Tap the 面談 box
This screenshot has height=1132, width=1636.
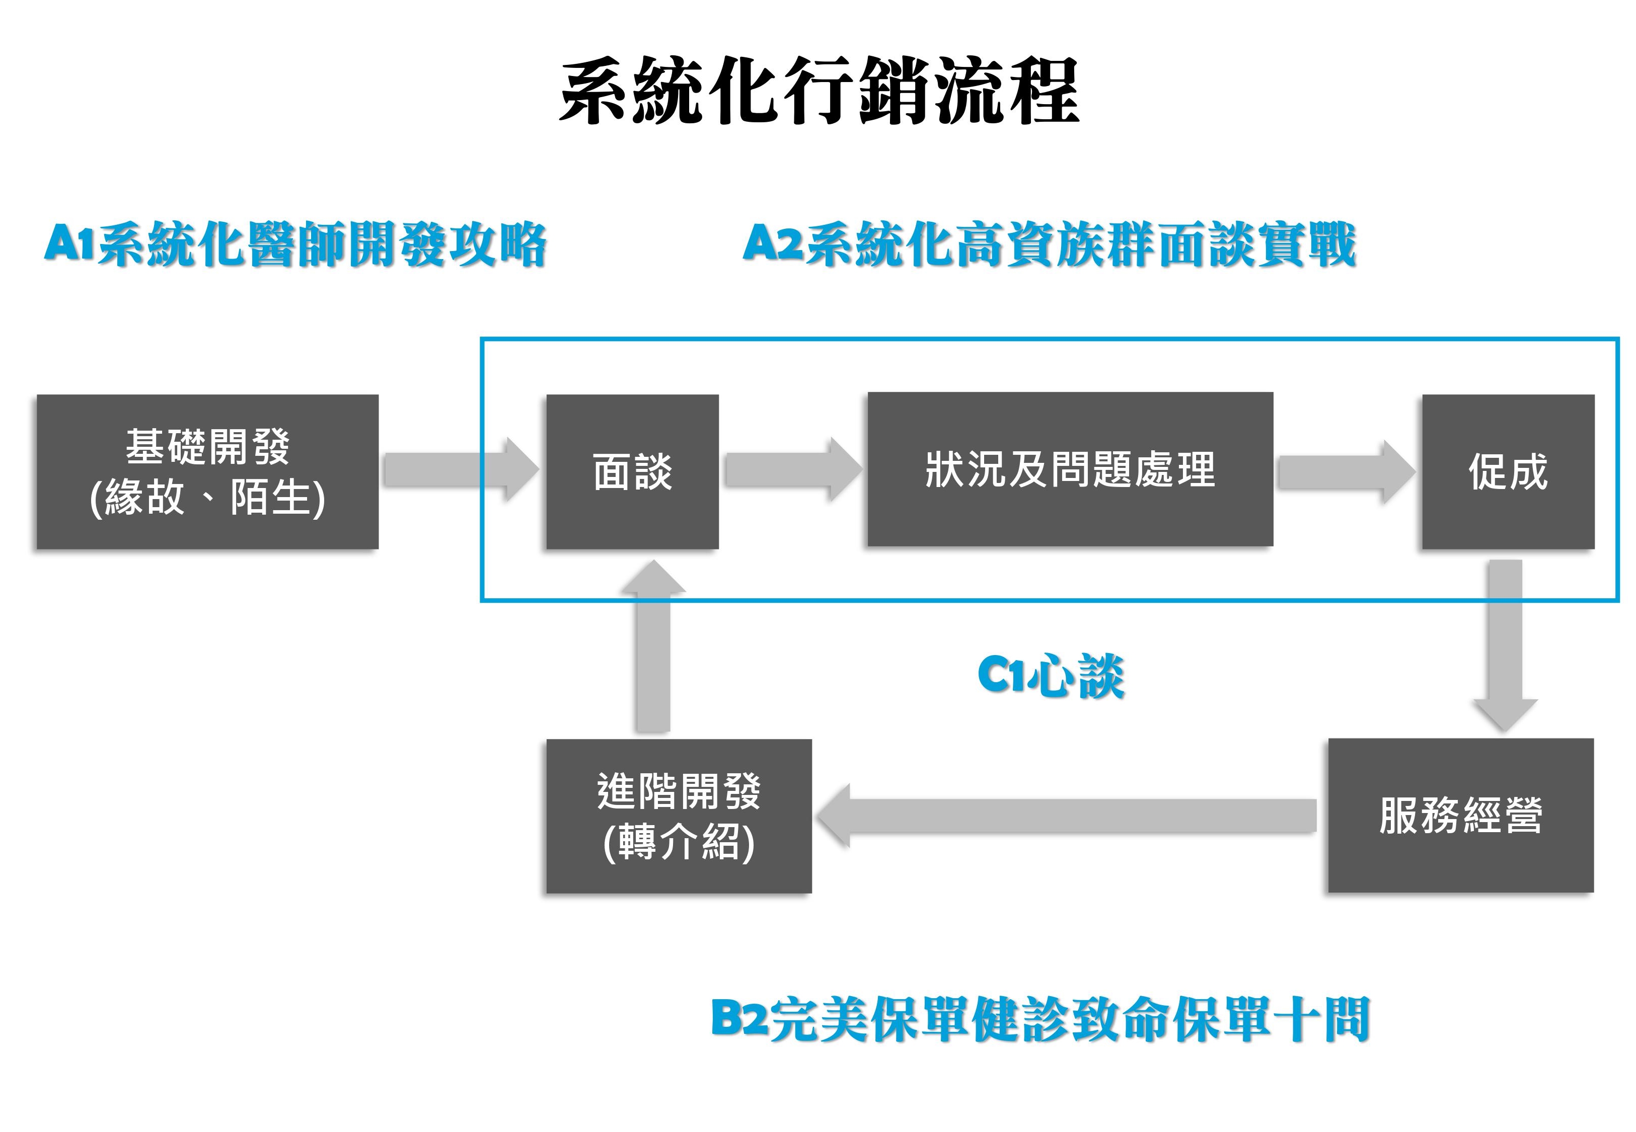pyautogui.click(x=632, y=472)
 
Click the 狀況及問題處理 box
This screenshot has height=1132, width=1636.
pyautogui.click(x=1069, y=469)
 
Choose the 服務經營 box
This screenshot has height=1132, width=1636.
pyautogui.click(x=1460, y=816)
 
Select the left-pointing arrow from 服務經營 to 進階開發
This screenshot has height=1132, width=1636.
pyautogui.click(x=1064, y=816)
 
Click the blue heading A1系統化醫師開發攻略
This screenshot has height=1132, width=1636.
pyautogui.click(x=294, y=245)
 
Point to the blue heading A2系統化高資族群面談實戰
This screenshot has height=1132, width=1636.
pyautogui.click(x=1049, y=245)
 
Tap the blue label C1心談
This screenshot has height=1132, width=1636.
pyautogui.click(x=1051, y=676)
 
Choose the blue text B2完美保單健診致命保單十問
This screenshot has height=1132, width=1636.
pyautogui.click(x=1039, y=1020)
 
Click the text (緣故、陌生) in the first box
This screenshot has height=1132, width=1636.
pyautogui.click(x=207, y=498)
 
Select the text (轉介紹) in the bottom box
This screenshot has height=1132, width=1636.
pyautogui.click(x=678, y=843)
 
